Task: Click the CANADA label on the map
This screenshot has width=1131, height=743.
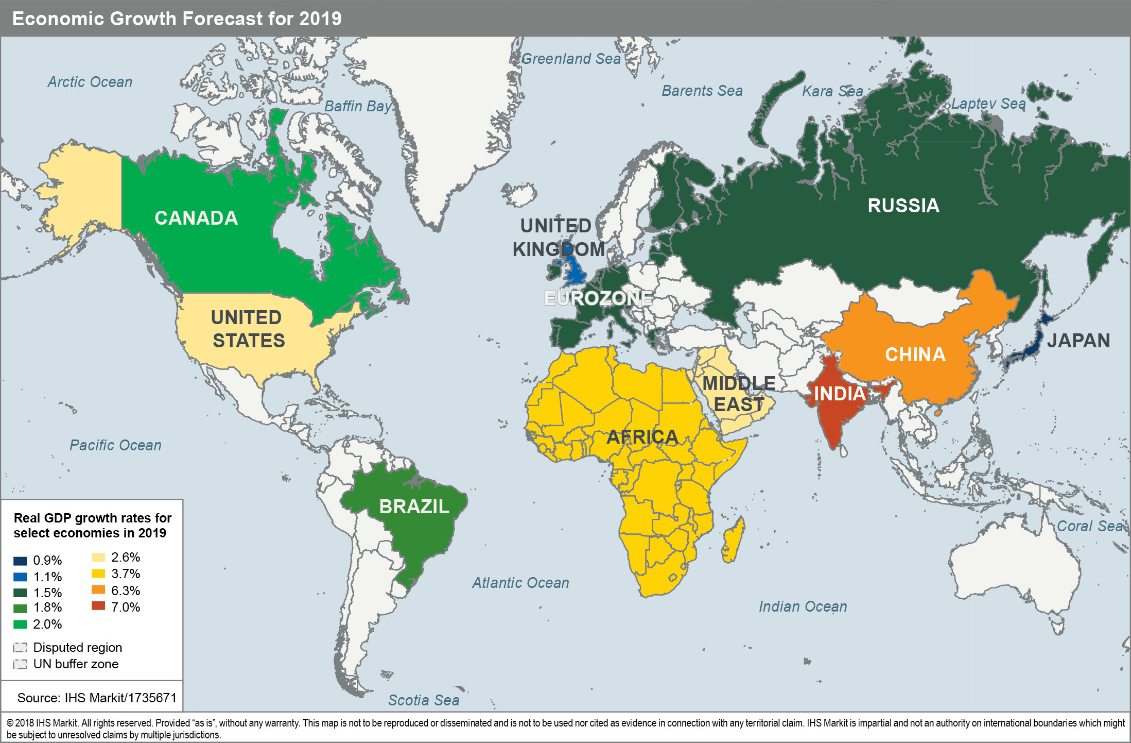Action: tap(196, 218)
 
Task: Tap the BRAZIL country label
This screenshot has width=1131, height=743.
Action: tap(414, 506)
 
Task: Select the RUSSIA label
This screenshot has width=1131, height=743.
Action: tap(903, 206)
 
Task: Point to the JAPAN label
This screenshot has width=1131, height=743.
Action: tap(1078, 341)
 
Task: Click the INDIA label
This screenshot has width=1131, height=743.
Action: tap(840, 394)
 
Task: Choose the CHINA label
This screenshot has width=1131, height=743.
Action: tap(915, 354)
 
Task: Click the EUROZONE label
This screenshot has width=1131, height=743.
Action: tap(598, 298)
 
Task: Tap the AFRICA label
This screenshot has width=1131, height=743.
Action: tap(642, 437)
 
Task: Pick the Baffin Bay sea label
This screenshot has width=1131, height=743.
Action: tap(358, 106)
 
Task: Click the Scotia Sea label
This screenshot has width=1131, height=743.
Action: tap(423, 700)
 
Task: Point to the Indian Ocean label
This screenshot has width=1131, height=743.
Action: tap(803, 606)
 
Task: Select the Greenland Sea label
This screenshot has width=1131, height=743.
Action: tap(571, 59)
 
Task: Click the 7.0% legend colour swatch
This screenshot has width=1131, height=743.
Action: tap(98, 606)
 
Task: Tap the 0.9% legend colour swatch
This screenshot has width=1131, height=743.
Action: tap(20, 561)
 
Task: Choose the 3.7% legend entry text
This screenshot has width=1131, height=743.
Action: tap(126, 573)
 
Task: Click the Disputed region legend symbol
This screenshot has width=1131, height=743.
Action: tap(20, 648)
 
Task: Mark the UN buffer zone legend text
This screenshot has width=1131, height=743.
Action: tap(76, 664)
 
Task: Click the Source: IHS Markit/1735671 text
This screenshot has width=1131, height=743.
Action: tap(97, 698)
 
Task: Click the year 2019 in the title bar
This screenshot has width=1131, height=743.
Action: tap(320, 19)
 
